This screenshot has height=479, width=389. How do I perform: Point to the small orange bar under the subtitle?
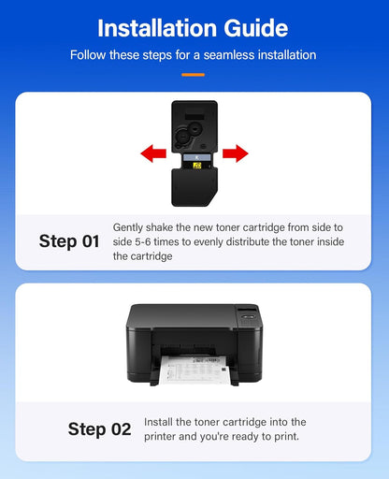(194, 73)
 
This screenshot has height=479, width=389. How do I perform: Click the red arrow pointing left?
(153, 152)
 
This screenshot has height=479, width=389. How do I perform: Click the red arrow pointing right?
(236, 152)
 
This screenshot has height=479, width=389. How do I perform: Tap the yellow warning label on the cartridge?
(197, 165)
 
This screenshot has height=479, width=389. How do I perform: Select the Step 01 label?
(69, 241)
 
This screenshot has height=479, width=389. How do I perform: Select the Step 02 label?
(99, 429)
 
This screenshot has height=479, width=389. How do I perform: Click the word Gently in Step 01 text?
(129, 227)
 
